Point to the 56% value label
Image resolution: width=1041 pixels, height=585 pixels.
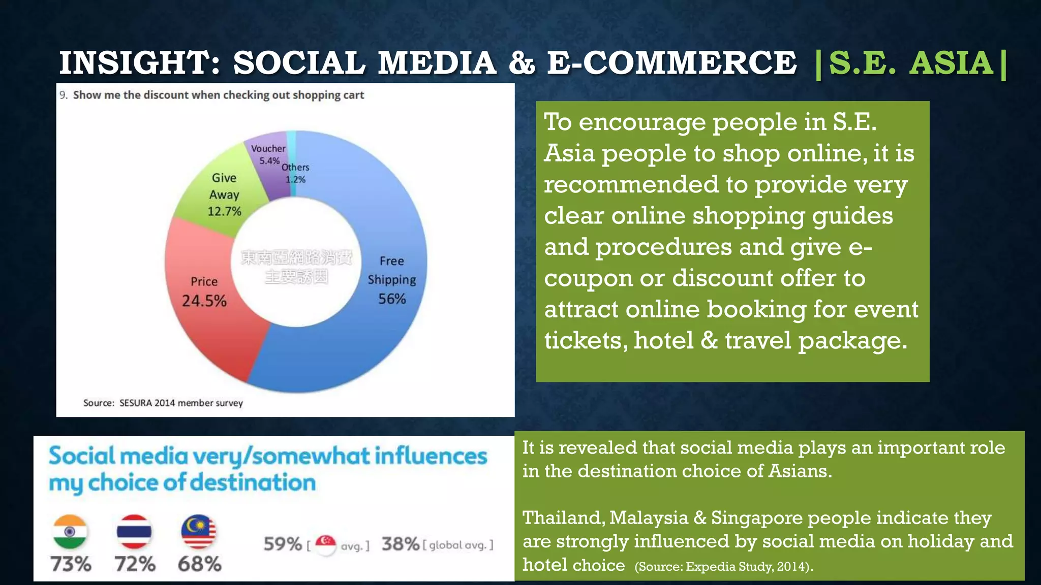pos(392,299)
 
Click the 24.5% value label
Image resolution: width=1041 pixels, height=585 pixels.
pos(204,301)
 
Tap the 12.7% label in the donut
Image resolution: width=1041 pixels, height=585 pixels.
pos(224,211)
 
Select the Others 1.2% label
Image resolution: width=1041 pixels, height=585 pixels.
pos(295,173)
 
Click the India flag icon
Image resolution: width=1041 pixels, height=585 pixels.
pos(70,532)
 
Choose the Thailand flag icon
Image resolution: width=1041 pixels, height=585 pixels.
pos(134,532)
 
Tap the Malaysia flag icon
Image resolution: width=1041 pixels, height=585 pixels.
pos(199,532)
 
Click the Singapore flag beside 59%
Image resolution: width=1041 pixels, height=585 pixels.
pos(325,544)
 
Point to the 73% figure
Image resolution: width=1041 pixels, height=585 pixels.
pos(71,564)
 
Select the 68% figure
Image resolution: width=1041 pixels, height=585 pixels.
pos(199,564)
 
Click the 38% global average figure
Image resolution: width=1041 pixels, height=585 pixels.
pos(401,544)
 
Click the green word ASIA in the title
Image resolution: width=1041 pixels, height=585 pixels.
pos(951,63)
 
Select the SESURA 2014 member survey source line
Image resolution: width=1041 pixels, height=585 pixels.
pos(163,403)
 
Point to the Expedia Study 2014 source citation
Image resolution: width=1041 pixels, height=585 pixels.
pos(723,567)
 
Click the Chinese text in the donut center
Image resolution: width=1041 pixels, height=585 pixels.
pos(296,267)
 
